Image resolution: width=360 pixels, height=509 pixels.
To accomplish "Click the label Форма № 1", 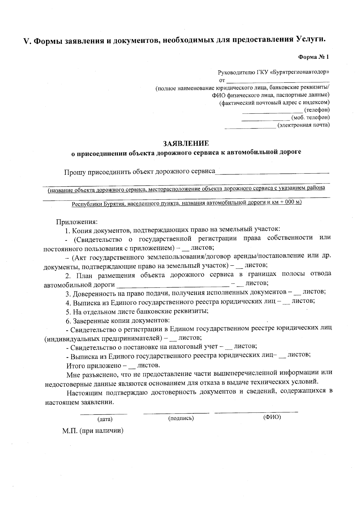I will (x=313, y=57).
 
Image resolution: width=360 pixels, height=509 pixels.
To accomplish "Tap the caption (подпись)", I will (x=181, y=418).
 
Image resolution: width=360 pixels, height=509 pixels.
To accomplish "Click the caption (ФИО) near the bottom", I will (x=272, y=417).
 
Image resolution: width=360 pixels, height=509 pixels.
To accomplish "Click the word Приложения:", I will (x=76, y=222).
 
